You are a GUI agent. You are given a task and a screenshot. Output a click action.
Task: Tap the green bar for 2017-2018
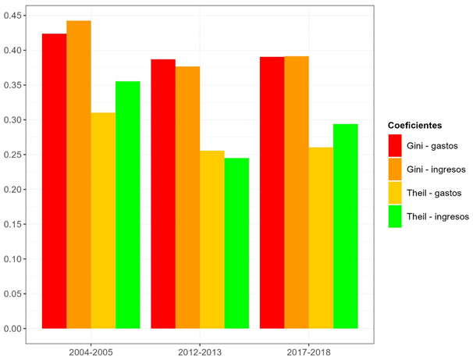[x=345, y=226]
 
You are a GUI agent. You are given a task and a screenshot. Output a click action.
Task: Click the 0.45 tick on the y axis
[x=12, y=16]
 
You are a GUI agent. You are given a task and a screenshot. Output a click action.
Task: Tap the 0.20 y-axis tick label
[x=12, y=190]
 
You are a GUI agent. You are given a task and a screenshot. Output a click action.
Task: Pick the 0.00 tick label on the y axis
[x=12, y=329]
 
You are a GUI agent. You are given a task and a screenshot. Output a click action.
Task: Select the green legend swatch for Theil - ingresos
[x=396, y=216]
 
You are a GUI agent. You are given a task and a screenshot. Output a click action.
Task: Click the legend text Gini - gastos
[x=432, y=145]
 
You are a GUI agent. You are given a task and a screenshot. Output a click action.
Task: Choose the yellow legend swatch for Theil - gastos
[x=396, y=193]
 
